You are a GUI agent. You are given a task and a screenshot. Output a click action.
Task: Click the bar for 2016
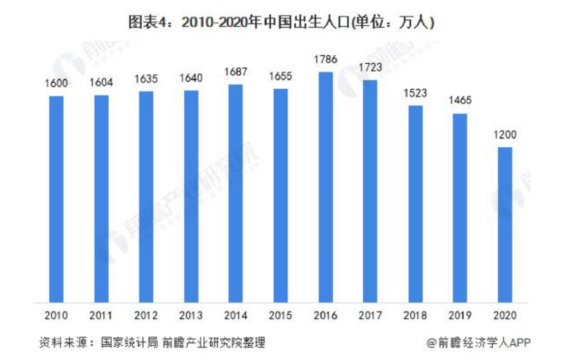pos(326,187)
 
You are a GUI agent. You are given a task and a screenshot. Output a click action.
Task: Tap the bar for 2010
pos(56,199)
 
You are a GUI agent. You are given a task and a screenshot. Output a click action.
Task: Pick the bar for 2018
pos(416,204)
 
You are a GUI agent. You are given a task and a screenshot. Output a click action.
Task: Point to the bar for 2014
pos(236,193)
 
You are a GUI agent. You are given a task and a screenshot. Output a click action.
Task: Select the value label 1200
pos(505,135)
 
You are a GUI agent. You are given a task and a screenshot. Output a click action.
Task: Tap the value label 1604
pos(101,83)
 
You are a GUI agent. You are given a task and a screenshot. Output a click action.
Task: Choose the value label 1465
pos(460,101)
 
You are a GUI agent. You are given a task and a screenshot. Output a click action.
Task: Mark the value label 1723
pos(371,68)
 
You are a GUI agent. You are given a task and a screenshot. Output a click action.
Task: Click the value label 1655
pos(281,77)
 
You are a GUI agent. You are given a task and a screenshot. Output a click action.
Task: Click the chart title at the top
pos(282,22)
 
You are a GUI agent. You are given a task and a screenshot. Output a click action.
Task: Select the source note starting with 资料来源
pos(152,343)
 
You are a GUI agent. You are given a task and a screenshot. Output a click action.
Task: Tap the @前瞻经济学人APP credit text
pos(478,343)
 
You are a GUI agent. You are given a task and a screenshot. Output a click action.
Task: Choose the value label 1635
pos(146,79)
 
